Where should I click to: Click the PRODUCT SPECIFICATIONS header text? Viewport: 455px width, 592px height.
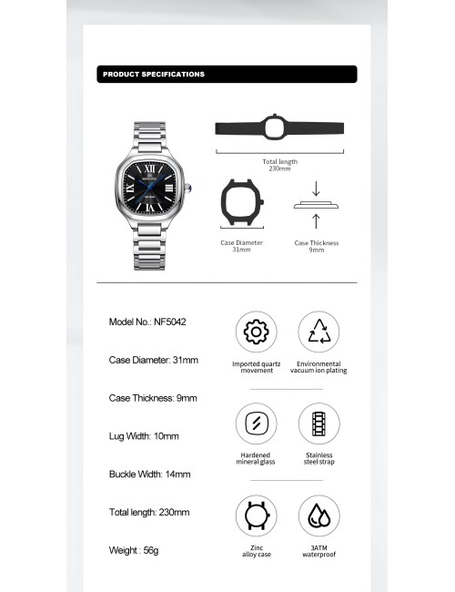click(154, 75)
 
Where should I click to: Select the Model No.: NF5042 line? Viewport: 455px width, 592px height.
click(147, 322)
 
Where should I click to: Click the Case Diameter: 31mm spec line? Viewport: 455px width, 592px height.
click(153, 360)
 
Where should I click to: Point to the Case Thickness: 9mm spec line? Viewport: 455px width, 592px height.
click(153, 398)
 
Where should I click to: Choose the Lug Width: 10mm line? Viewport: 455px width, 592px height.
click(144, 436)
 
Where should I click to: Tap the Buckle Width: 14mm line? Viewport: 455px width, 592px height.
click(150, 475)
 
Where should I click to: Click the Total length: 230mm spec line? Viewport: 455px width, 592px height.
click(149, 513)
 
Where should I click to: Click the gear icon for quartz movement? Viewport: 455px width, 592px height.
click(257, 332)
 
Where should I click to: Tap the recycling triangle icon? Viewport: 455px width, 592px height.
click(318, 332)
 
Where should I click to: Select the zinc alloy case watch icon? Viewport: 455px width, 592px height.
click(257, 515)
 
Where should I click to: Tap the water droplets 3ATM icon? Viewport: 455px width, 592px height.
click(318, 515)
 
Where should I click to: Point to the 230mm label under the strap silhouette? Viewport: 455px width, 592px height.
click(279, 168)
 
